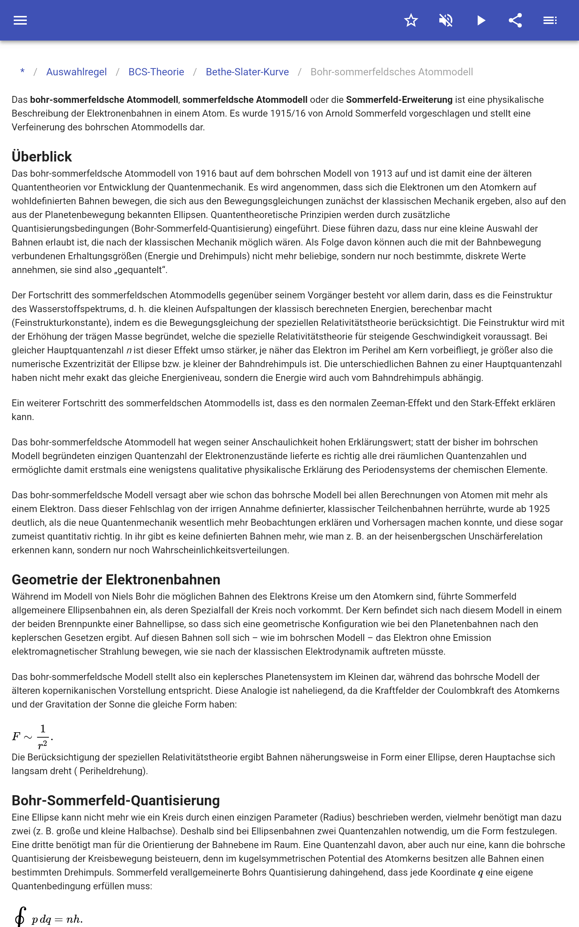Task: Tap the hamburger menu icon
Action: coord(20,20)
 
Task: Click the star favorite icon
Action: coord(411,20)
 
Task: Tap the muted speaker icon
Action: coord(446,20)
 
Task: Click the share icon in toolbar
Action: coord(515,20)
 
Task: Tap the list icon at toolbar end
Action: coord(550,20)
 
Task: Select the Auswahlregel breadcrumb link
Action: coord(77,72)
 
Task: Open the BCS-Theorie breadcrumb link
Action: coord(156,72)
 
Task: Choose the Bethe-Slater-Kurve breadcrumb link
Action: coord(247,72)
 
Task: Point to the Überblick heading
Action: coord(42,157)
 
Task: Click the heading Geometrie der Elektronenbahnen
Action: coord(116,580)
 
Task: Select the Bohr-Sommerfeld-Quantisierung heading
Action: coord(116,801)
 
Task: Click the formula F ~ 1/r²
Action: coord(33,736)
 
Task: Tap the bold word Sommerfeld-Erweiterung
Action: coord(399,100)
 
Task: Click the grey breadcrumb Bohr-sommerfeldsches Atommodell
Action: coord(391,72)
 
